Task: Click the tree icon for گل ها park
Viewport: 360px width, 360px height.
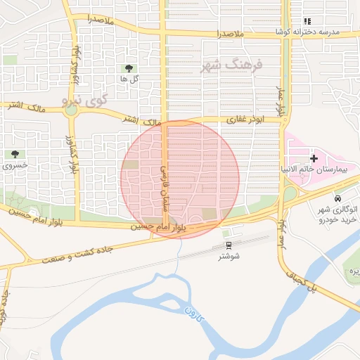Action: tap(129, 68)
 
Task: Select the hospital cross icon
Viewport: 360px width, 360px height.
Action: tap(314, 158)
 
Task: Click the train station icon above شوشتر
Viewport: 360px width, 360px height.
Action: tap(229, 245)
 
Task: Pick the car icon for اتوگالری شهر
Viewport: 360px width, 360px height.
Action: tap(339, 199)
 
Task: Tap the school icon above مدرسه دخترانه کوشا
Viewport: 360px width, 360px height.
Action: tap(307, 22)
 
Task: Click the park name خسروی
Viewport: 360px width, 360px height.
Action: tap(15, 166)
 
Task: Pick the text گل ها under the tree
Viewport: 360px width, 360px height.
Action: tap(129, 79)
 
